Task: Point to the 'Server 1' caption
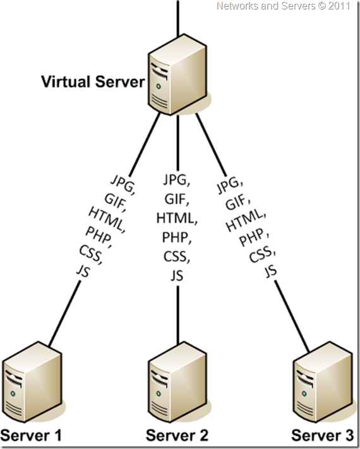[32, 436]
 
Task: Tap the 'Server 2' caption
[177, 436]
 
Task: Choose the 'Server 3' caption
[323, 436]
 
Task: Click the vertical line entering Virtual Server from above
[178, 19]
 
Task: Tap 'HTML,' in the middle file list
[177, 219]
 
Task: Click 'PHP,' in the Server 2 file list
[177, 238]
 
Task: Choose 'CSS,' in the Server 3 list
[262, 254]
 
